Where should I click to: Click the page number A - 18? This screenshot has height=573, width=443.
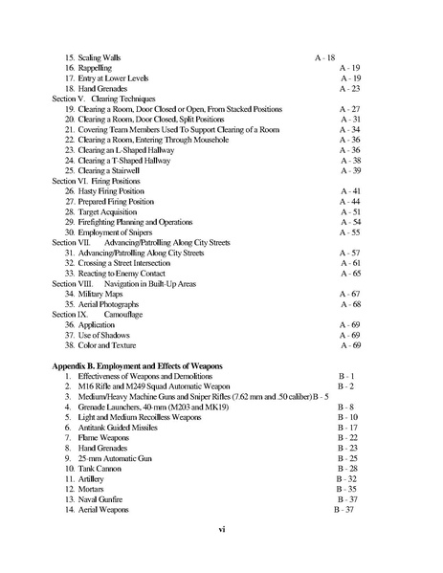[324, 57]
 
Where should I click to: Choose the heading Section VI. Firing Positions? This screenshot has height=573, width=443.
[96, 180]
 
